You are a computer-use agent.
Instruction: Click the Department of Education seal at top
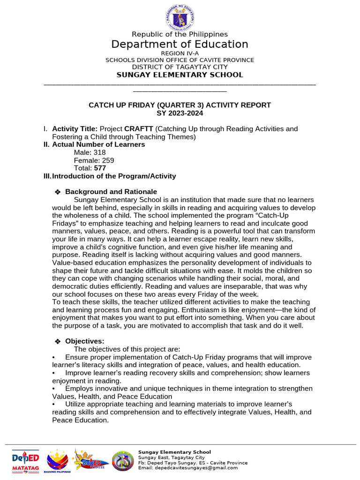(x=180, y=18)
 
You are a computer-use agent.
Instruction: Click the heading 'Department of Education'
(x=180, y=45)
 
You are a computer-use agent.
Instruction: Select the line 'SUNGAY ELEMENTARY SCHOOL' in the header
(x=180, y=75)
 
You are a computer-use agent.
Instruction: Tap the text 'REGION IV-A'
(x=180, y=53)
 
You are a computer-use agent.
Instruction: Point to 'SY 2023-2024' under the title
(x=180, y=113)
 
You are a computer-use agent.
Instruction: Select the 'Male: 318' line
(x=90, y=153)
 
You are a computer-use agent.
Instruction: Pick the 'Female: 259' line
(x=94, y=161)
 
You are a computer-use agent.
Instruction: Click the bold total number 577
(x=101, y=168)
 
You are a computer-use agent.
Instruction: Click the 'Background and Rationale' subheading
(x=111, y=192)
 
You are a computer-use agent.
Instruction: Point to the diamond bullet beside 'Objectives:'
(x=58, y=342)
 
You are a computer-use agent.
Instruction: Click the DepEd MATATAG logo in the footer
(x=26, y=460)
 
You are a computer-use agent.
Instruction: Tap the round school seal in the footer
(x=123, y=461)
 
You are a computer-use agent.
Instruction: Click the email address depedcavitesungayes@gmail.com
(x=187, y=468)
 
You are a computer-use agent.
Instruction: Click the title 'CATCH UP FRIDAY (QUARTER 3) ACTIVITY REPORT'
(x=180, y=105)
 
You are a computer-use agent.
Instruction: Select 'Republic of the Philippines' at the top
(x=180, y=34)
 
